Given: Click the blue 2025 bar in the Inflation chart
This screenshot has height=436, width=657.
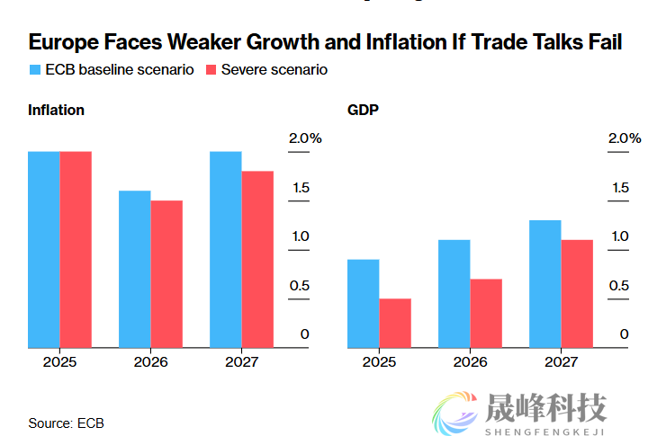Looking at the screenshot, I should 44,249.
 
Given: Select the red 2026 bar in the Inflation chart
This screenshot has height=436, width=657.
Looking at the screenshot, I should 166,273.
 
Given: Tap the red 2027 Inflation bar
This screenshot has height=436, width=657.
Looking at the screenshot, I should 257,259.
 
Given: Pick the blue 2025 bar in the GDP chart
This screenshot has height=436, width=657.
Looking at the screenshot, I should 364,303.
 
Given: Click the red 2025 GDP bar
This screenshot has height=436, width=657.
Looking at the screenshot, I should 395,323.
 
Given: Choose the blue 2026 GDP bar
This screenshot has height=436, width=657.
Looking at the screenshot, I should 454,293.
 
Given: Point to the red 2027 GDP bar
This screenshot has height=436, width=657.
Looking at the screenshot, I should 577,293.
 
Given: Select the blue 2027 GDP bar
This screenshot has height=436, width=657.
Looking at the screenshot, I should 545,283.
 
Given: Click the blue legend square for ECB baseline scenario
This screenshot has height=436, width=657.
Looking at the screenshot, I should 34,70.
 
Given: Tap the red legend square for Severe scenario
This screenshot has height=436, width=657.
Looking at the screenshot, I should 211,70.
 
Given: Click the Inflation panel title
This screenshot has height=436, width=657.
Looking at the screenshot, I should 56,111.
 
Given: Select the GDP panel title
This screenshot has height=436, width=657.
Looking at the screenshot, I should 363,111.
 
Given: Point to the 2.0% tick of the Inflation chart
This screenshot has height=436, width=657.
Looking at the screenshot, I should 304,138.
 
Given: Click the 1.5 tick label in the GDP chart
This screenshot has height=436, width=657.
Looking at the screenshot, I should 619,188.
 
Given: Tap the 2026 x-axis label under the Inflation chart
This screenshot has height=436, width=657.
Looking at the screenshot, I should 150,361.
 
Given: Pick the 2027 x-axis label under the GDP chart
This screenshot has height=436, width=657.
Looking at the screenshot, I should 561,361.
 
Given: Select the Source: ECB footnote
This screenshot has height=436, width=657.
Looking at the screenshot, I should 66,423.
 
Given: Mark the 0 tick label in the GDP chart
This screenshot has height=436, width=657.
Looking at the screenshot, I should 624,334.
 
